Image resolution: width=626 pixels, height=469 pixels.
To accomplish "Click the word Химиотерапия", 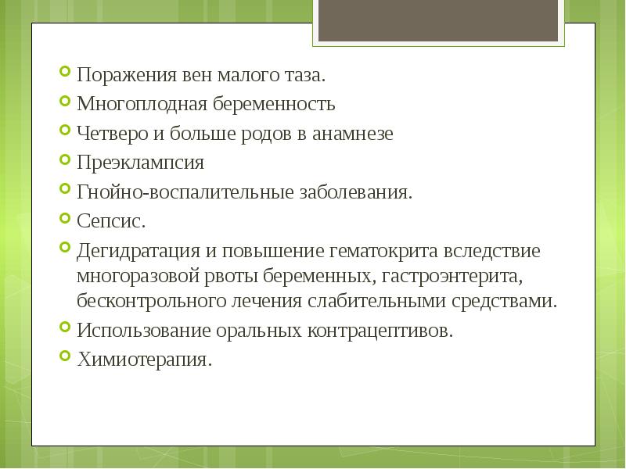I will pyautogui.click(x=145, y=360).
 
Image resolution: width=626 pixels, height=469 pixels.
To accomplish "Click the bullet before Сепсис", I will pyautogui.click(x=64, y=220).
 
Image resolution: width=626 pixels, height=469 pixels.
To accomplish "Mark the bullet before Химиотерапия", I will pyautogui.click(x=64, y=358).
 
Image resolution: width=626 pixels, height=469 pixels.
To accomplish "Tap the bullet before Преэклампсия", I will pyautogui.click(x=64, y=162).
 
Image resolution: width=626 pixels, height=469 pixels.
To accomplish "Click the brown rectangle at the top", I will pyautogui.click(x=438, y=20).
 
